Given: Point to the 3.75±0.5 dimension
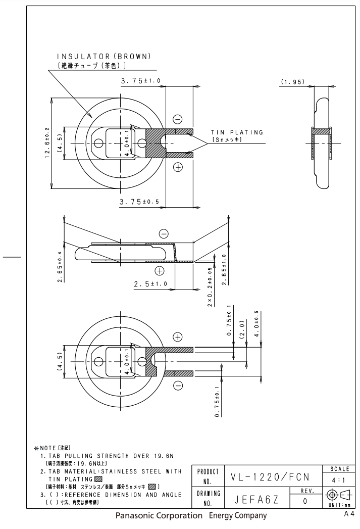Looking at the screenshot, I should (139, 202).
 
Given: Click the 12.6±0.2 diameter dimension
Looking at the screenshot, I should (47, 143).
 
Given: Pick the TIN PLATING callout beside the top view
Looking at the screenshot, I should (237, 133).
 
